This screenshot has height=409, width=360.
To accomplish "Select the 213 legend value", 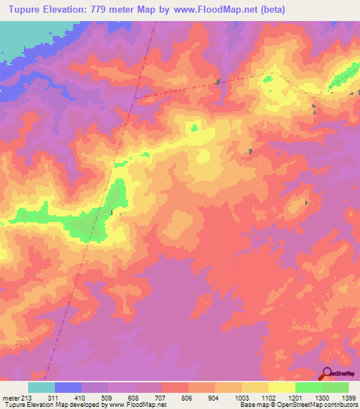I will click(27, 398).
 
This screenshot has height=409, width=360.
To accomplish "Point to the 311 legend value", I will click(53, 398).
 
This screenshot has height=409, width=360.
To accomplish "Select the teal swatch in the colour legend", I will click(41, 387).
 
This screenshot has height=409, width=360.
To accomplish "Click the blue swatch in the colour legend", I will click(68, 387).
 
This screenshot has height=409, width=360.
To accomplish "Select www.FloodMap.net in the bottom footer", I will click(137, 405).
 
